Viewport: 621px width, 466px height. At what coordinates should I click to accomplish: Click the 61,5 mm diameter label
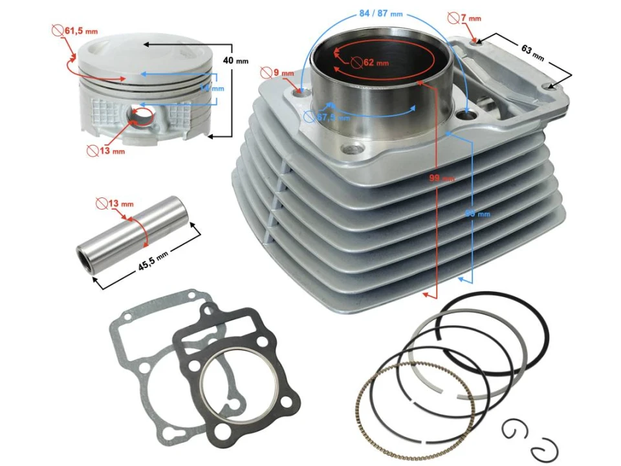click(x=83, y=30)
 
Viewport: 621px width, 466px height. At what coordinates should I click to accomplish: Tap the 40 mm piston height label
click(x=235, y=60)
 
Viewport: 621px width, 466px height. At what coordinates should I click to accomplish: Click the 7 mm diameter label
click(x=470, y=18)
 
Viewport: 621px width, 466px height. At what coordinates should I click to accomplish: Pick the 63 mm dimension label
click(x=534, y=52)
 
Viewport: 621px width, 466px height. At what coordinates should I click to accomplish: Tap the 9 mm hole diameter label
click(x=282, y=72)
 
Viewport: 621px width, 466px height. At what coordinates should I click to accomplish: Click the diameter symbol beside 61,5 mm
click(x=58, y=30)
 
